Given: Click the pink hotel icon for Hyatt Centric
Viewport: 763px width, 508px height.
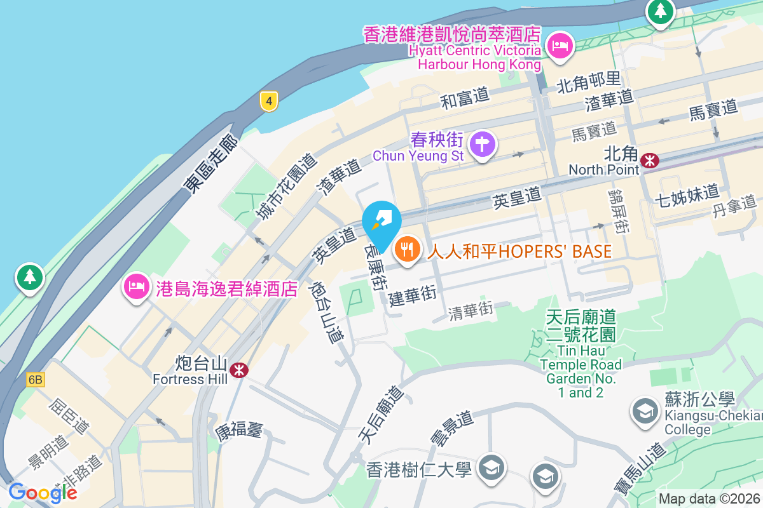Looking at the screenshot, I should [560, 46].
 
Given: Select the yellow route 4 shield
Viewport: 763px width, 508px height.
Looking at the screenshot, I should [270, 100].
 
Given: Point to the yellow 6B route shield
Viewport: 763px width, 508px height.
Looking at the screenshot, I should [36, 380].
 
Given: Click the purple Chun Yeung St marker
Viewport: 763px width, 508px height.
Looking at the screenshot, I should [483, 145].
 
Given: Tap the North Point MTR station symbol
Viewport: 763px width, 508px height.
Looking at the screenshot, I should [650, 161].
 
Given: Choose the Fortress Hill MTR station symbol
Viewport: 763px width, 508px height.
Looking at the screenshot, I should [239, 370].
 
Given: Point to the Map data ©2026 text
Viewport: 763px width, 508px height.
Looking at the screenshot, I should [709, 498].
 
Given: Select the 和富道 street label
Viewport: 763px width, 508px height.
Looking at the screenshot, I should [465, 98].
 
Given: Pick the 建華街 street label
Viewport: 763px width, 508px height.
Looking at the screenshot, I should [413, 296].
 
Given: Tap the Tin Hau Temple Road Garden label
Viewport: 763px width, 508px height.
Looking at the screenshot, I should [581, 354].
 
